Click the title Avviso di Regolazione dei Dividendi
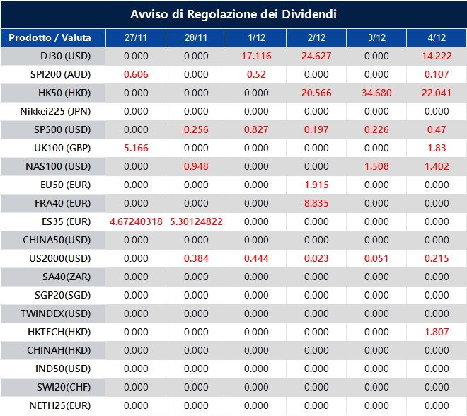[233, 14]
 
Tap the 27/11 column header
[136, 37]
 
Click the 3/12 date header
[376, 37]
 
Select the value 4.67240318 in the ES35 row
[136, 221]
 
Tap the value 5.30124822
[196, 221]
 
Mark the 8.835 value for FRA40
[316, 203]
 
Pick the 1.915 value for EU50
[316, 185]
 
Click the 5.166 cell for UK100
[136, 148]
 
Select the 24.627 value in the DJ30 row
[316, 56]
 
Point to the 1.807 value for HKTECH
[437, 332]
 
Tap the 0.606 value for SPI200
[136, 74]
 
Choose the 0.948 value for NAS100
[196, 166]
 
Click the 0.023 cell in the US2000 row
[316, 258]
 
